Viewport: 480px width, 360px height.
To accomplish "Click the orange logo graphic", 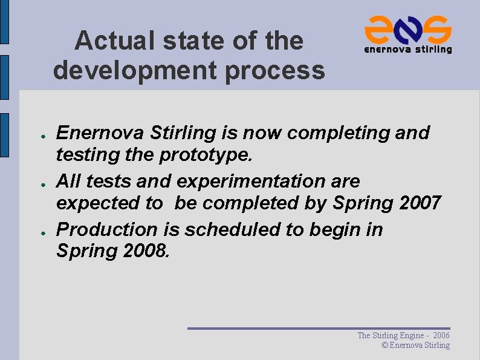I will pyautogui.click(x=407, y=28).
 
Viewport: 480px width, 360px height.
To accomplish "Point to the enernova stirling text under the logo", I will pyautogui.click(x=407, y=49).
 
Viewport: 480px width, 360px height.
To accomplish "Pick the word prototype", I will pyautogui.click(x=206, y=155).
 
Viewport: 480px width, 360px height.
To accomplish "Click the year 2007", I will pyautogui.click(x=421, y=203).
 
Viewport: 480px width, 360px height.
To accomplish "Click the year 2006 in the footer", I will pyautogui.click(x=441, y=335).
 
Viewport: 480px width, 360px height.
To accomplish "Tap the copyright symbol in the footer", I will pyautogui.click(x=385, y=345).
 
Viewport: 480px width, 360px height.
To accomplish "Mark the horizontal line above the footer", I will pyautogui.click(x=319, y=328).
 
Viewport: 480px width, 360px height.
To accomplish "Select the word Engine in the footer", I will pyautogui.click(x=412, y=335).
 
